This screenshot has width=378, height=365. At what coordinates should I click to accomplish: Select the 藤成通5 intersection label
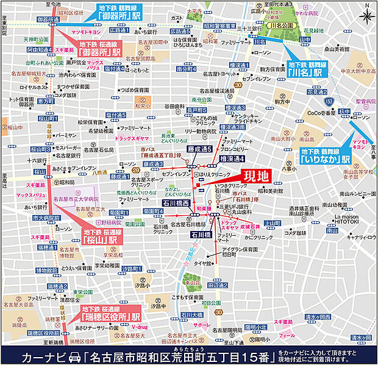199,149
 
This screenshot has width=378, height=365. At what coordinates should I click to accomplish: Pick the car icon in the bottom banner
76,355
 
